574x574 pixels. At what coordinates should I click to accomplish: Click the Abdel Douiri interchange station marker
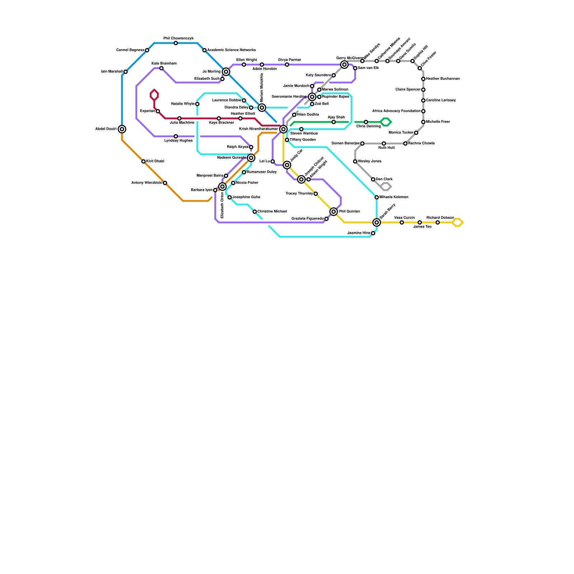pyautogui.click(x=122, y=129)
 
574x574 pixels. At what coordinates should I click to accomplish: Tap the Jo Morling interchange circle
pyautogui.click(x=226, y=72)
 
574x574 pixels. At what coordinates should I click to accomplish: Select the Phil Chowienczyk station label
pyautogui.click(x=178, y=38)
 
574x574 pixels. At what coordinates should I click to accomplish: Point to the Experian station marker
pyautogui.click(x=158, y=111)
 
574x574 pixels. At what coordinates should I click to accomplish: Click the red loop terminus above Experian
pyautogui.click(x=154, y=95)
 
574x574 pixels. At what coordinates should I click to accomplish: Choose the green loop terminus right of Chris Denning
pyautogui.click(x=386, y=122)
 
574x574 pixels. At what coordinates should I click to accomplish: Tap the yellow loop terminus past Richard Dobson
pyautogui.click(x=458, y=222)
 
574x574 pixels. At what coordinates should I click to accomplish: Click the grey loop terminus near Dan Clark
pyautogui.click(x=386, y=187)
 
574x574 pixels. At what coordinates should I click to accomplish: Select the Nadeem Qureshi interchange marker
pyautogui.click(x=251, y=158)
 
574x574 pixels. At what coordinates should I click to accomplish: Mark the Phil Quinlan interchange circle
pyautogui.click(x=334, y=212)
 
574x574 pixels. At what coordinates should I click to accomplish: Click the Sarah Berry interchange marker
pyautogui.click(x=376, y=222)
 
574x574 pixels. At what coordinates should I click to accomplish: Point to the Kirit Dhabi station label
pyautogui.click(x=155, y=161)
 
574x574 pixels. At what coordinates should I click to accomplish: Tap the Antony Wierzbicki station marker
pyautogui.click(x=165, y=183)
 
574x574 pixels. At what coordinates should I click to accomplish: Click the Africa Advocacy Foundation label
pyautogui.click(x=396, y=111)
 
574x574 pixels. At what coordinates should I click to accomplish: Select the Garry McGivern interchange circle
pyautogui.click(x=344, y=65)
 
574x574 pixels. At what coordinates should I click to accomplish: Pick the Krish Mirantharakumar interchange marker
pyautogui.click(x=283, y=129)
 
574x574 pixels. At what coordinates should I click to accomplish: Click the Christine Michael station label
pyautogui.click(x=272, y=212)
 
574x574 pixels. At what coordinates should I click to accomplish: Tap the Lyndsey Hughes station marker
pyautogui.click(x=176, y=136)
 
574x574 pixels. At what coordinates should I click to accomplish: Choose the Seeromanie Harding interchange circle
pyautogui.click(x=312, y=97)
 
